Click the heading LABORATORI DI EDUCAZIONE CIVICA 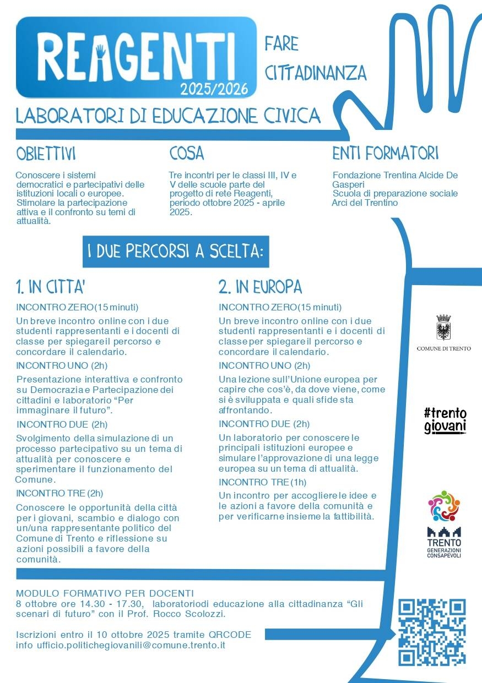point(168,116)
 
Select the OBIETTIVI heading point(46,154)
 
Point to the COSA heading point(187,154)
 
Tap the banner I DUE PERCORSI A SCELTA point(175,252)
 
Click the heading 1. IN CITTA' point(50,287)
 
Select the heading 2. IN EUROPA point(260,287)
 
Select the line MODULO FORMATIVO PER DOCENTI point(105,593)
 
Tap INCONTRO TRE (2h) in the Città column point(59,493)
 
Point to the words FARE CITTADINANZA point(315,58)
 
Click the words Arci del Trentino point(365,203)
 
